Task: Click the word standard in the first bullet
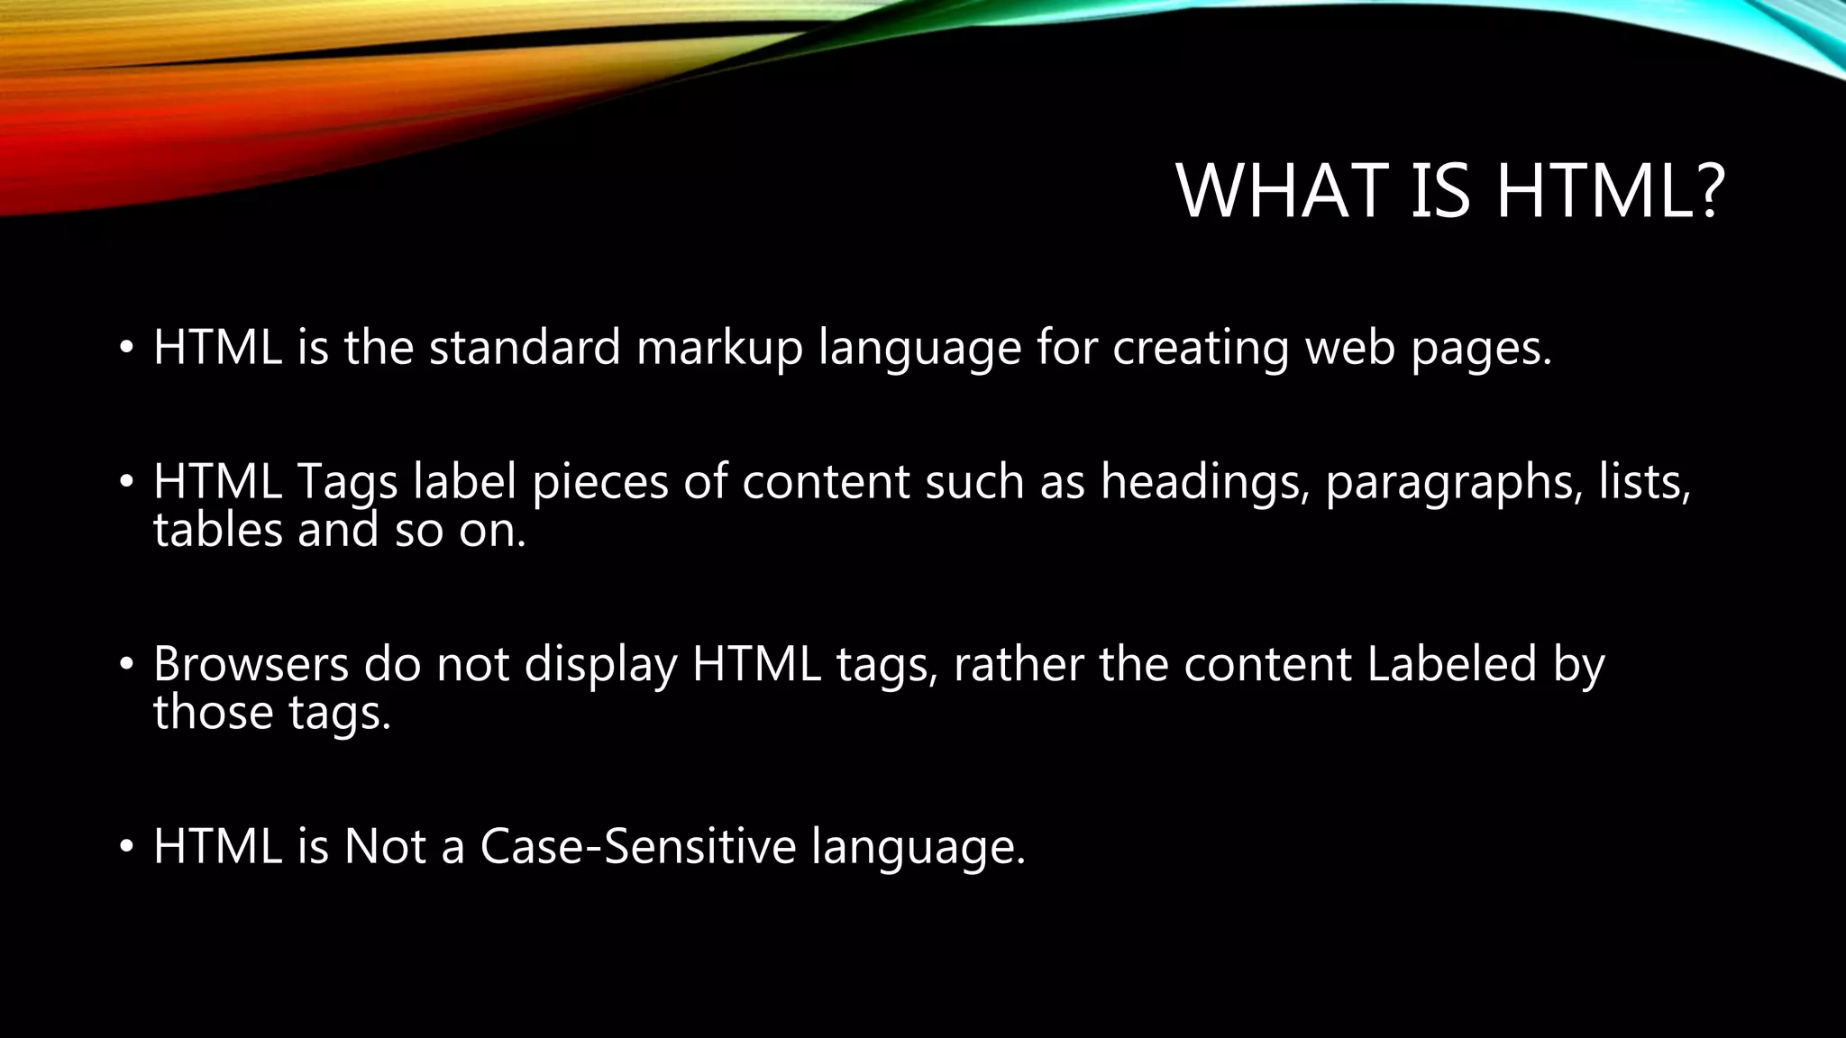[525, 347]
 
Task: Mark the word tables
[218, 530]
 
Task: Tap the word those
[214, 712]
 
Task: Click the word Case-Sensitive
[638, 846]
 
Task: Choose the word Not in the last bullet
[385, 846]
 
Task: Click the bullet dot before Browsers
[127, 665]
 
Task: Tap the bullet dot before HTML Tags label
[127, 482]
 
